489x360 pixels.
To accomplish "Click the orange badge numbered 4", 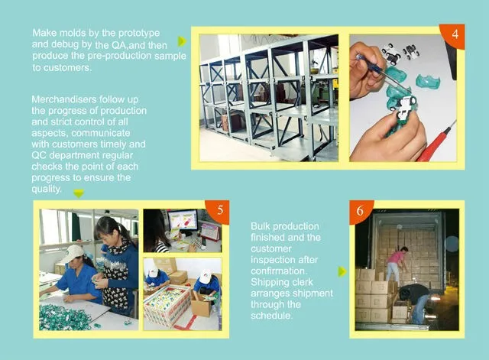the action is [x=454, y=35].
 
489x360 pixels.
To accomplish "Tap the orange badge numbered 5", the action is [x=219, y=211].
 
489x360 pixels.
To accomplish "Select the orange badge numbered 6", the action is [x=361, y=211].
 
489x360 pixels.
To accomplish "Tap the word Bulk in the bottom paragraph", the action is [x=261, y=226].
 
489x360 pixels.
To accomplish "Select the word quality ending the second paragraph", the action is [x=46, y=189].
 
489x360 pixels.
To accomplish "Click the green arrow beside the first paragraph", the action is [x=182, y=41].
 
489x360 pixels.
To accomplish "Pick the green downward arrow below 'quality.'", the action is [x=79, y=193].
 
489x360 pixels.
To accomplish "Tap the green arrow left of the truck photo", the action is [x=342, y=271].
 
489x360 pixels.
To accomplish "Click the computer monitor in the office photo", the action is [x=183, y=221].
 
